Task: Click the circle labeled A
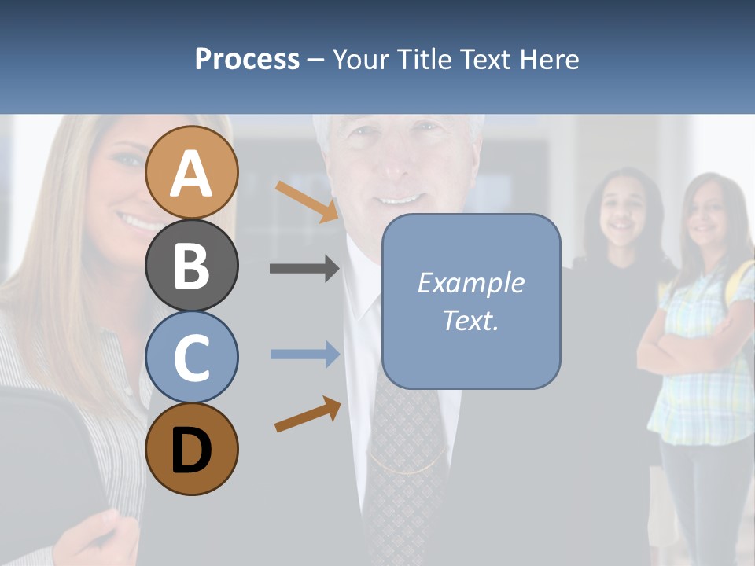(x=192, y=172)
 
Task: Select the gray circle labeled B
(x=192, y=265)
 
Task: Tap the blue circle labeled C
(x=192, y=357)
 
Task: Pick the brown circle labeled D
(x=192, y=449)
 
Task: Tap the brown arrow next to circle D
(x=308, y=414)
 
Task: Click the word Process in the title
(x=247, y=59)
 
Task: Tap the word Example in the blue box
(x=470, y=283)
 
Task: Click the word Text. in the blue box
(x=470, y=321)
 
